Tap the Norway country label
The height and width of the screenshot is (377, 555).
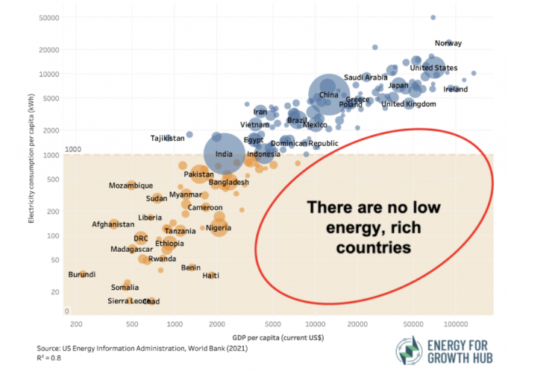pos(448,43)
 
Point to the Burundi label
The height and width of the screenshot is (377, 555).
pos(82,275)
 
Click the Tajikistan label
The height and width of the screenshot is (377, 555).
pos(167,139)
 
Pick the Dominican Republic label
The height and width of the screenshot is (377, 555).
pos(304,143)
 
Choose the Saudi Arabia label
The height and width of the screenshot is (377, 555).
pos(366,77)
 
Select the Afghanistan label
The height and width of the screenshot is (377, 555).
pos(113,224)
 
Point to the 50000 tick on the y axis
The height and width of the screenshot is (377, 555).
pos(50,17)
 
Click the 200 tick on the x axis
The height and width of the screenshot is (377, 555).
pos(76,325)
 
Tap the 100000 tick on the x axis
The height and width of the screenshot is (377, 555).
pos(456,325)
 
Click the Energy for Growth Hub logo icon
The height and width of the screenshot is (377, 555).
pos(407,352)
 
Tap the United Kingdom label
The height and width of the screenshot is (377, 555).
pos(409,104)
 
